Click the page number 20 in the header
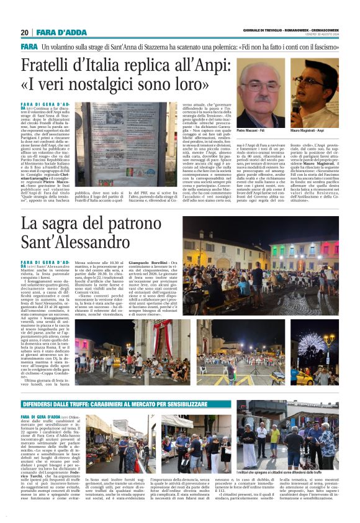[24, 32]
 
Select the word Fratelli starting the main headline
[47, 65]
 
